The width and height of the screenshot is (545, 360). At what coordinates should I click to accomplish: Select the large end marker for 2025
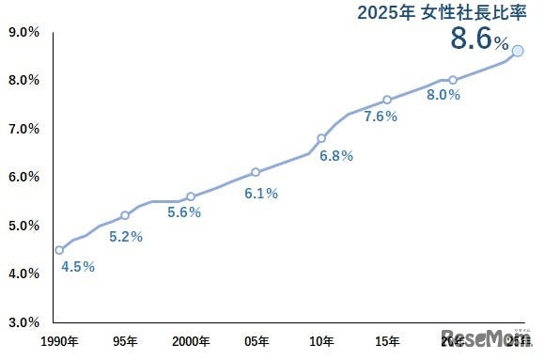518,50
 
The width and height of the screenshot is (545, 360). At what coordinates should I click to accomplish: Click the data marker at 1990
59,250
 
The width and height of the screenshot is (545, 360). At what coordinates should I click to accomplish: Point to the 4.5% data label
78,266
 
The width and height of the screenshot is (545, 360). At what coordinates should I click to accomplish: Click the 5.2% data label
126,237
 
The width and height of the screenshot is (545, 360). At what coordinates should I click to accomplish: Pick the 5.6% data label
184,212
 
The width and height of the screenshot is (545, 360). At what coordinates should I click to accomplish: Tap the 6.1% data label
261,194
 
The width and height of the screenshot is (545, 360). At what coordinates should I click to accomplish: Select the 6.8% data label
336,156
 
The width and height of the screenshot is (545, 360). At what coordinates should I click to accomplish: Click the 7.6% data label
381,117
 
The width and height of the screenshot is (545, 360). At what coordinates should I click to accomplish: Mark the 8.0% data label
444,94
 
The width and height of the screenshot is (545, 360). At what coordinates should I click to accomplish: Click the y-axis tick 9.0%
23,32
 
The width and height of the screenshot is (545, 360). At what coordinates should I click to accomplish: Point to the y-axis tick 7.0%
23,129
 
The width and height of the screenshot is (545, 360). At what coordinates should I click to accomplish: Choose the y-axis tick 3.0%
23,322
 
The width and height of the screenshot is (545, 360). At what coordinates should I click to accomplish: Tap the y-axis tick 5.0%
23,226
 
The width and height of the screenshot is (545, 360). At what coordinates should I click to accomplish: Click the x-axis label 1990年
58,340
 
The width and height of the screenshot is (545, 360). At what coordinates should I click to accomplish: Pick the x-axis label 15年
387,340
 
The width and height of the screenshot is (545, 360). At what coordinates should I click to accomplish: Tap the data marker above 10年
321,138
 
